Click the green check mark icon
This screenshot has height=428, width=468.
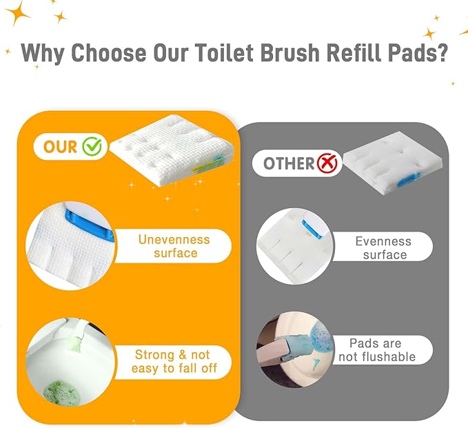point(92,146)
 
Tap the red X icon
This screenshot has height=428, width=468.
point(328,163)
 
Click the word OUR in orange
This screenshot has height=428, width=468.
point(60,147)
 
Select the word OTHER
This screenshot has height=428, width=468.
point(288,164)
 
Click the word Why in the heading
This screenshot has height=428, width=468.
point(42,54)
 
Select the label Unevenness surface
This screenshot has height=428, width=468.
point(174,246)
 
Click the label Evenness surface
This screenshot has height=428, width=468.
point(384,247)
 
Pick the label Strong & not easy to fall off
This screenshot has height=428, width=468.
point(172,362)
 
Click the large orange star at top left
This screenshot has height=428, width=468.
point(18,12)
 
